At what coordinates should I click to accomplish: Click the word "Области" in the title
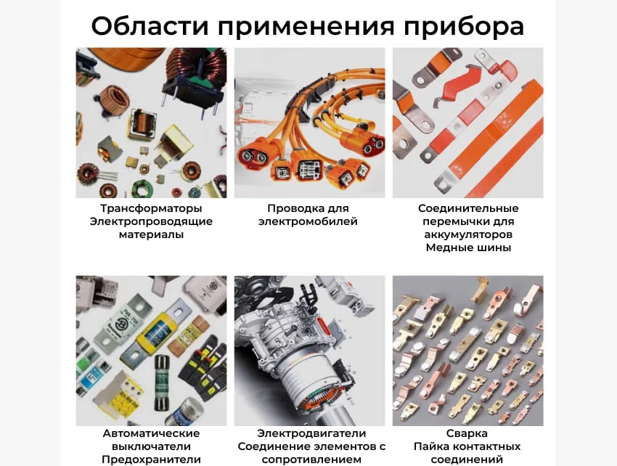click(150, 26)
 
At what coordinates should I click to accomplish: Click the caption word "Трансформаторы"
click(151, 208)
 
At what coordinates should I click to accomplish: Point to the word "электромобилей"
click(308, 221)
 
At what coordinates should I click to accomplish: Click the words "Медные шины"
click(468, 248)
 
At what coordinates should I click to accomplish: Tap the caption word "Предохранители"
click(151, 459)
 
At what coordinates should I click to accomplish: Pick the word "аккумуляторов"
click(468, 234)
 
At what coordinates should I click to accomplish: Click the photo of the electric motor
click(309, 350)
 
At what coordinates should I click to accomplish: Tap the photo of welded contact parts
click(467, 350)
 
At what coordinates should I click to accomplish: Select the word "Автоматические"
click(151, 433)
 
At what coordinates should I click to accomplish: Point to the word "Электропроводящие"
click(151, 221)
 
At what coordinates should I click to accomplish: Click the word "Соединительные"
click(468, 208)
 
